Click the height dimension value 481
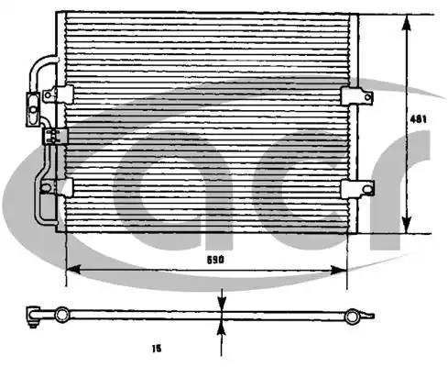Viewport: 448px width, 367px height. coord(418,119)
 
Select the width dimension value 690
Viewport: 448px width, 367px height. coord(215,260)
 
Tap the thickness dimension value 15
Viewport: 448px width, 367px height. coord(157,349)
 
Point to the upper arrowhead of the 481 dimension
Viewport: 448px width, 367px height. coord(406,22)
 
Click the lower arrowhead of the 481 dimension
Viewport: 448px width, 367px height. coord(406,225)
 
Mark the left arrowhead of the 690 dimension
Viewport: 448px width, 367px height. coord(73,270)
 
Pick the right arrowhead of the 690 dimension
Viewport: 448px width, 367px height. coord(339,270)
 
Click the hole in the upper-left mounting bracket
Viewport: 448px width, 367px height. coord(48,95)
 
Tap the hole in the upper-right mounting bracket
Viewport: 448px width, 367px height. coord(367,97)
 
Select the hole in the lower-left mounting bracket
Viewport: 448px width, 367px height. coord(46,188)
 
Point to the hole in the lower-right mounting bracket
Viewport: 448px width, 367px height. coord(367,189)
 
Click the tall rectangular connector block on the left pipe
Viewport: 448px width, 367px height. coord(33,109)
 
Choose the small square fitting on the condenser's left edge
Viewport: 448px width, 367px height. coord(55,136)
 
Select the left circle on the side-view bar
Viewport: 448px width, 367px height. coord(62,315)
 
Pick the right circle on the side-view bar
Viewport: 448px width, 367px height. coord(352,317)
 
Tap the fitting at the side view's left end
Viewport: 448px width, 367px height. coord(33,317)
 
